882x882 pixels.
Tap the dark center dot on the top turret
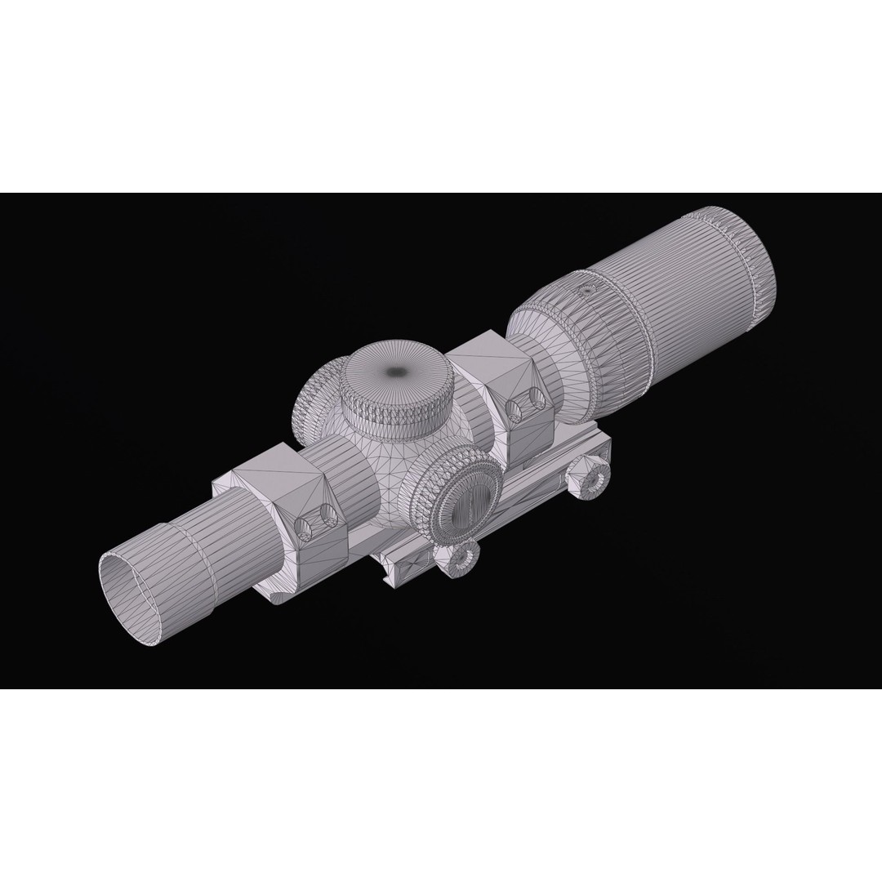click(x=398, y=372)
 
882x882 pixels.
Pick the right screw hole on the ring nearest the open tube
click(x=329, y=514)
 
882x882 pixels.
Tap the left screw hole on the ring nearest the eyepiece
click(x=514, y=410)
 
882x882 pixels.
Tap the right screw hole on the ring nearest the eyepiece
click(x=537, y=398)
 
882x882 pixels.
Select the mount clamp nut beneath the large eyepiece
click(x=590, y=477)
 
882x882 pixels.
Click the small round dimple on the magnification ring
click(x=586, y=291)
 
